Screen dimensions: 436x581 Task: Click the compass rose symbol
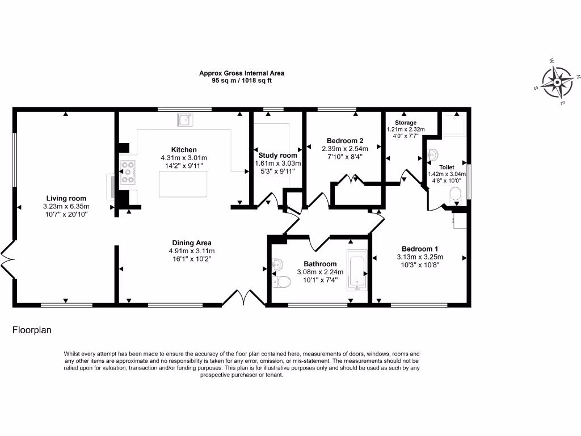pos(557,82)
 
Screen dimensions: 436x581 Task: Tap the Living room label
pos(66,198)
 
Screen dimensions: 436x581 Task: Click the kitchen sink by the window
pos(184,120)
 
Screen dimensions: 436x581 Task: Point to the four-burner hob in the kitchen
pos(128,173)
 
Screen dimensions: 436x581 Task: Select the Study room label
pos(277,156)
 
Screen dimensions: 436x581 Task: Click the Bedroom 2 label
pos(344,141)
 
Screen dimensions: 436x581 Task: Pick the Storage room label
pos(406,123)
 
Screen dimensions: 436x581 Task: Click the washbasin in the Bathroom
pos(277,265)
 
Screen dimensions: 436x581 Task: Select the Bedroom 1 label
pos(419,249)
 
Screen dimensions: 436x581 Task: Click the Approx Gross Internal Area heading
pos(241,73)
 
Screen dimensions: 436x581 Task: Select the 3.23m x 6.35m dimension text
pos(66,207)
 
